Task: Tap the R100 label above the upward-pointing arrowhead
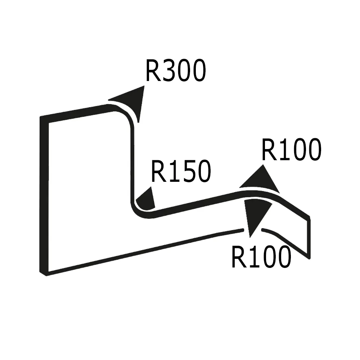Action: click(x=291, y=150)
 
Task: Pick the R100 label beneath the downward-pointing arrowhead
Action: click(x=261, y=257)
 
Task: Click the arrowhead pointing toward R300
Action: click(x=131, y=101)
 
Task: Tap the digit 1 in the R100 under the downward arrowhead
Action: click(x=252, y=257)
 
